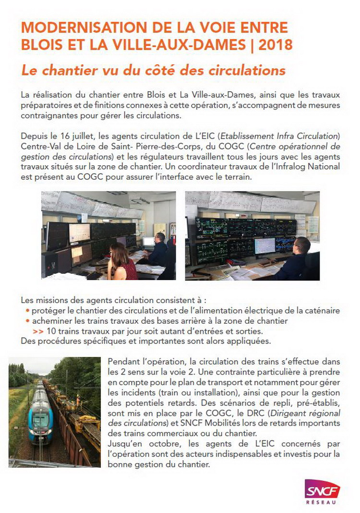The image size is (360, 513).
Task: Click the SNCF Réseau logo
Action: [x=322, y=490]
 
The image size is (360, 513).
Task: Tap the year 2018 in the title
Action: [x=275, y=46]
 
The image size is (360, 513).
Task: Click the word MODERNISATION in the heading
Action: [x=71, y=27]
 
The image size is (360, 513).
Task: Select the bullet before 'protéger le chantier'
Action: [x=28, y=311]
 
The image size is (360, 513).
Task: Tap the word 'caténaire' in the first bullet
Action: [x=321, y=311]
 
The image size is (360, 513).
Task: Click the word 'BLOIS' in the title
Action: [x=42, y=46]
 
